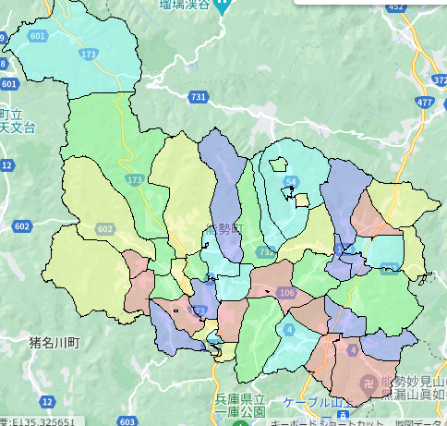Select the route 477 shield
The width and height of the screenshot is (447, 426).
(424, 103)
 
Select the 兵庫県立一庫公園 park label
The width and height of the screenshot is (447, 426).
(241, 405)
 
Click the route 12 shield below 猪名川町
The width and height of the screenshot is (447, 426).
(47, 402)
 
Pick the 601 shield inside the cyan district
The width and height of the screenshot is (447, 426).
(38, 36)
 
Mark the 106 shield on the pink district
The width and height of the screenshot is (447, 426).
(285, 293)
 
